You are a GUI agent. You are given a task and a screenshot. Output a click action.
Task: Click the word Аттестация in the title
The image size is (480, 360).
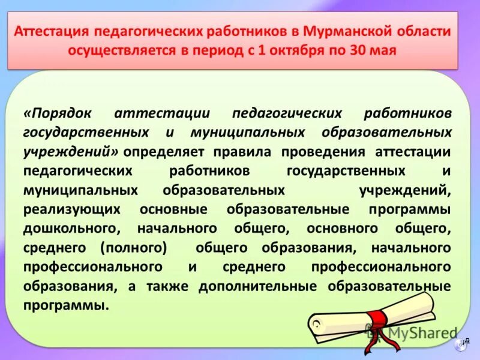(51, 31)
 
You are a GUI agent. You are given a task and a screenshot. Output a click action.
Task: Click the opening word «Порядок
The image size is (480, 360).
(59, 113)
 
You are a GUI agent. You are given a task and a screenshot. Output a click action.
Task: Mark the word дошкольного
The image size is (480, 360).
(73, 229)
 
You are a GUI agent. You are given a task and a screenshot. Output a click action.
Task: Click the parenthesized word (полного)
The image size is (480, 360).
(133, 247)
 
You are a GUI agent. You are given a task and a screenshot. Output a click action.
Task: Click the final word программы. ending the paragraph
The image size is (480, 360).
(67, 305)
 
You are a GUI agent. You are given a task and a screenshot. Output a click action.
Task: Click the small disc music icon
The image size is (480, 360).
(461, 343)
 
